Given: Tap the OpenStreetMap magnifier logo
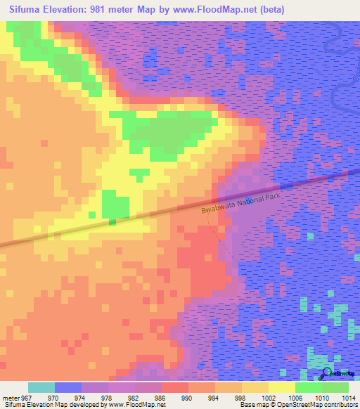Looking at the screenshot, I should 326,373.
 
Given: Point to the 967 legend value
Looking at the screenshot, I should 27,398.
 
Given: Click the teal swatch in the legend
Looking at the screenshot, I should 41,387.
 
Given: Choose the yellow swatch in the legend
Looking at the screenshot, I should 281,387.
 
